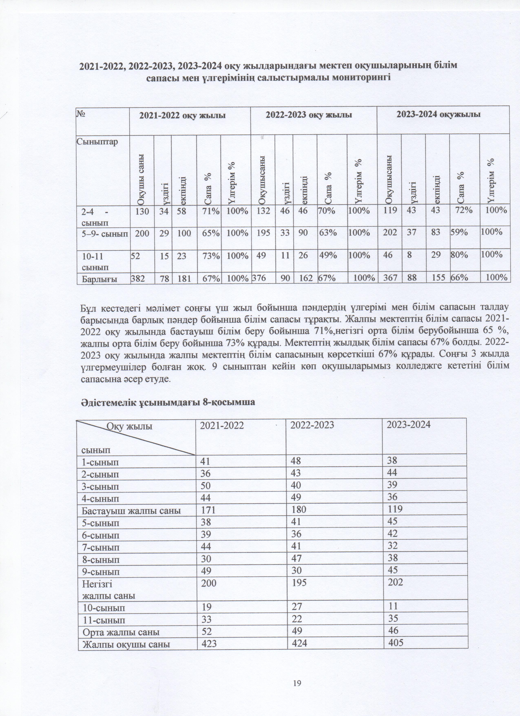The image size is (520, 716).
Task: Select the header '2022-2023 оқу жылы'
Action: point(309,115)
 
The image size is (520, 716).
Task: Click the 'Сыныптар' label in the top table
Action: point(97,141)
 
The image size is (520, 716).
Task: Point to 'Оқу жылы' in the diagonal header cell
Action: point(129,427)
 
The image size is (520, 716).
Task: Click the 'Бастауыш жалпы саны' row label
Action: point(131,510)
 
